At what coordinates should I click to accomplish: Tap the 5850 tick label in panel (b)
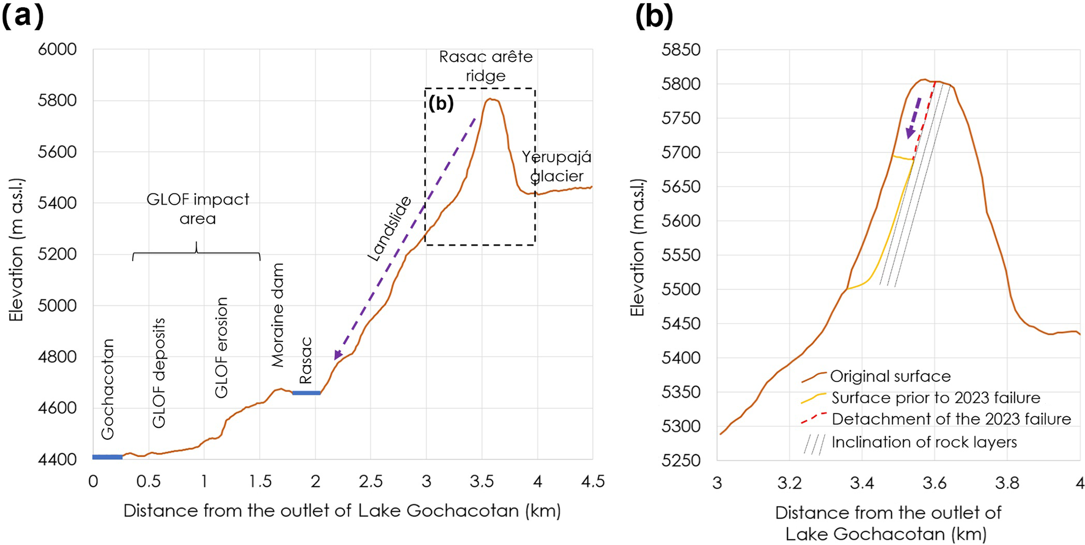tap(681, 50)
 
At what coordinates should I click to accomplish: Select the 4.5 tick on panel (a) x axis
tap(592, 481)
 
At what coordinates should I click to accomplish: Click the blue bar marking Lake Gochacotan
tap(108, 457)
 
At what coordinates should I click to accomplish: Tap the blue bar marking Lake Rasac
tap(306, 393)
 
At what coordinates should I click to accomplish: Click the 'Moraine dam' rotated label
tap(278, 315)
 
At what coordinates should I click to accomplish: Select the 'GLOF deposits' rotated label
tap(159, 373)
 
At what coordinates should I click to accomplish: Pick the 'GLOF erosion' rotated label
tap(222, 347)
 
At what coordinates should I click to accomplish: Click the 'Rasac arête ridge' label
tap(486, 66)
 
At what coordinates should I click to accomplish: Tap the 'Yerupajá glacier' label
tap(556, 166)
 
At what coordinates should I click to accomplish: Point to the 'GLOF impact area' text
tap(197, 208)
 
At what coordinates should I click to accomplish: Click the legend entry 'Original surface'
tap(890, 376)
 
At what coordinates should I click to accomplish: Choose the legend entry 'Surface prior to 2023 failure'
tap(935, 398)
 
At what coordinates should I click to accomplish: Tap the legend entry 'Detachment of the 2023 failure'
tap(951, 419)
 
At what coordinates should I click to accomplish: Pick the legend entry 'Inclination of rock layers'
tap(924, 442)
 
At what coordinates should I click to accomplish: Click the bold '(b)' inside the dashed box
tap(440, 104)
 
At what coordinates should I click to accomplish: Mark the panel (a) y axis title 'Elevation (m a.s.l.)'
tap(16, 250)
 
